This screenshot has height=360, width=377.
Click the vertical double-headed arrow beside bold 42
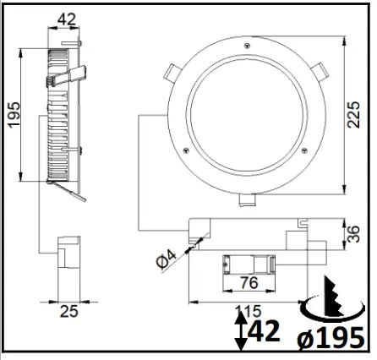click(x=240, y=332)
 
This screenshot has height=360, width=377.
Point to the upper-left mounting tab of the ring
click(x=172, y=69)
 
